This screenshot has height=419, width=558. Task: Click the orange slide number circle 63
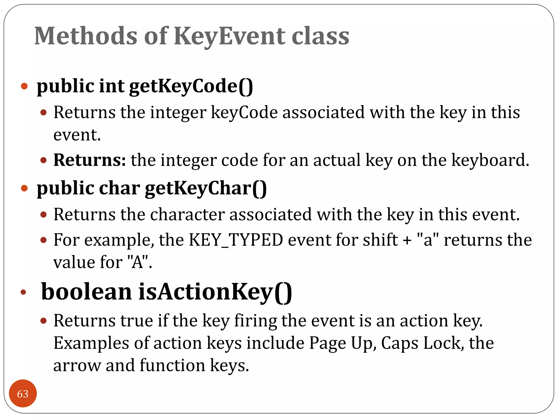point(23,394)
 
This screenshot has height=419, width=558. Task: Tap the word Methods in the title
point(86,36)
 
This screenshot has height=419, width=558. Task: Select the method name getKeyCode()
point(191,86)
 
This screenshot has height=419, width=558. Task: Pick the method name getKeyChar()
point(206,189)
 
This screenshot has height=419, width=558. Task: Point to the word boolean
point(86,292)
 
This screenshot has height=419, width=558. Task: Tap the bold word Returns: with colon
point(90,160)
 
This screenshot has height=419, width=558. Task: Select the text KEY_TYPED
point(236,240)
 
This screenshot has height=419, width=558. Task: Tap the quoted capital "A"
point(138,262)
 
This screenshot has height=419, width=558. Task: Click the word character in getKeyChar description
point(187,215)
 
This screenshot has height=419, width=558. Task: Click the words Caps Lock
point(422,343)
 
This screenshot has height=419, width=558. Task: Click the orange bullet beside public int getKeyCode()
point(24,86)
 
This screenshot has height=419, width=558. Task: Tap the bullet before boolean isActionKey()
point(23,292)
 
